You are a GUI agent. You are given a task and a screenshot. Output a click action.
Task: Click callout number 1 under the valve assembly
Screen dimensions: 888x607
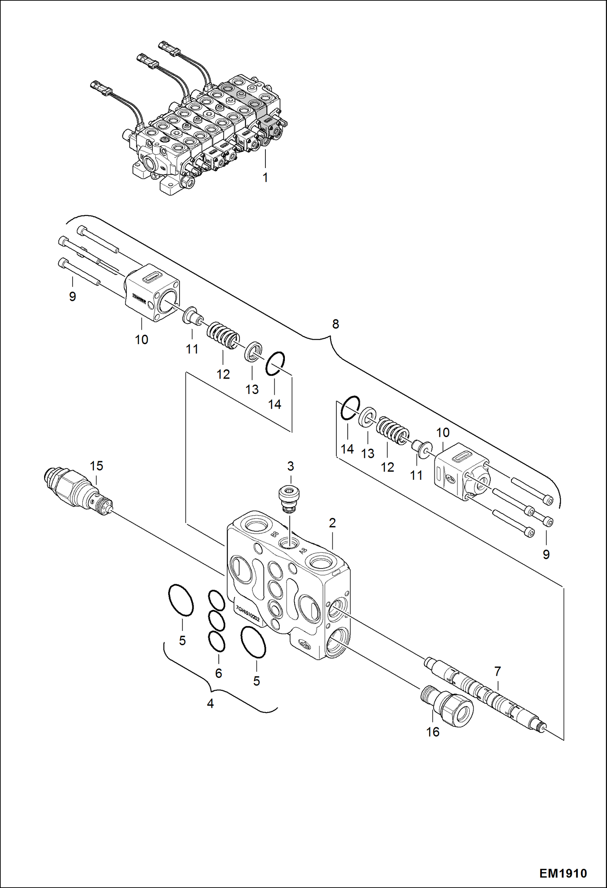click(x=265, y=178)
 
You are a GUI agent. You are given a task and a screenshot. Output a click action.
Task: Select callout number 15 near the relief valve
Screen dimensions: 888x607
click(x=96, y=466)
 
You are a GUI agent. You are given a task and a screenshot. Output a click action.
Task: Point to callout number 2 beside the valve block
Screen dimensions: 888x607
click(x=332, y=523)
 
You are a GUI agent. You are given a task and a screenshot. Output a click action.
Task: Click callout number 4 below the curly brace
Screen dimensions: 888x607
click(x=210, y=703)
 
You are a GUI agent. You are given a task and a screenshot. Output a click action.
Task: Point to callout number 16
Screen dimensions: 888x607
click(x=433, y=732)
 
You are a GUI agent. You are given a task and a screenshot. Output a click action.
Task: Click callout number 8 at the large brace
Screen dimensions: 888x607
click(x=336, y=324)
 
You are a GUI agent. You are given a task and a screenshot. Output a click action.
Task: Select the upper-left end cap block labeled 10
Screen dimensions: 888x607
click(x=152, y=292)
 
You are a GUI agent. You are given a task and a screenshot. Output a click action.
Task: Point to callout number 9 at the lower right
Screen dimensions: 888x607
click(x=546, y=554)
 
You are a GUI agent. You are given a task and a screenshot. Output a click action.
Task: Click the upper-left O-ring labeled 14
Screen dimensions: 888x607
click(x=275, y=363)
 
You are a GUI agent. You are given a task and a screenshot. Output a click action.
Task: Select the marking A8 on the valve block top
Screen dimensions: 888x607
click(x=303, y=551)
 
